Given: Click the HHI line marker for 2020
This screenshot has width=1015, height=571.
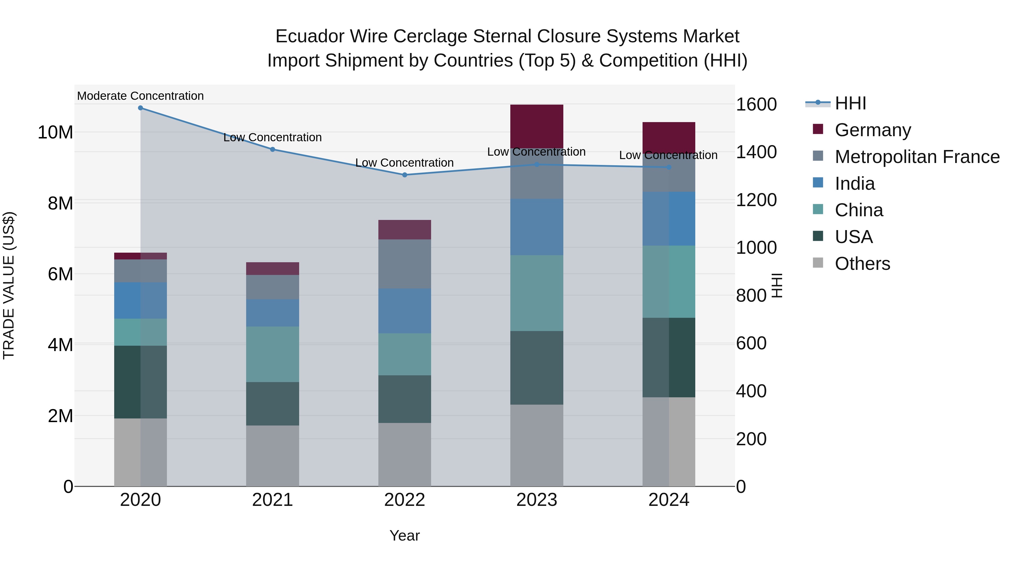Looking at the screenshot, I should [140, 108].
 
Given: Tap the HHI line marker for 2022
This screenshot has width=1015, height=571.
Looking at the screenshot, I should [405, 175].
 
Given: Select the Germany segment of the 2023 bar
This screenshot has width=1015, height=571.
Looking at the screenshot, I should [537, 126].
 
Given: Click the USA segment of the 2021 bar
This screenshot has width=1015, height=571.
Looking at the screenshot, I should [272, 404].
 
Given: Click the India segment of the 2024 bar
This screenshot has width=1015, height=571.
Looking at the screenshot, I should [669, 219].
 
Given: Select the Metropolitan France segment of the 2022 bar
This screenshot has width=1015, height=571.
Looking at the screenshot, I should [405, 264].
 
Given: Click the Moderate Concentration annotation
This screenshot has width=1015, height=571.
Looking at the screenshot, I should [140, 96].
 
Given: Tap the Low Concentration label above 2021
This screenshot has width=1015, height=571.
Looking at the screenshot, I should [272, 138].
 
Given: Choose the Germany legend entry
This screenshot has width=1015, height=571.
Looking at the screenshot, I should [872, 130].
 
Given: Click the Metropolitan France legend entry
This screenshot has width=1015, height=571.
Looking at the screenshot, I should [917, 157].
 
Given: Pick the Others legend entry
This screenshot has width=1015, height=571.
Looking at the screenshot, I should [862, 264].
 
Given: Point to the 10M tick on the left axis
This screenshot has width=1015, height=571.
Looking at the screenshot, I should [55, 133].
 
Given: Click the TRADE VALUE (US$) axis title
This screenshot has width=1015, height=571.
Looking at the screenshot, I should [9, 285].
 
